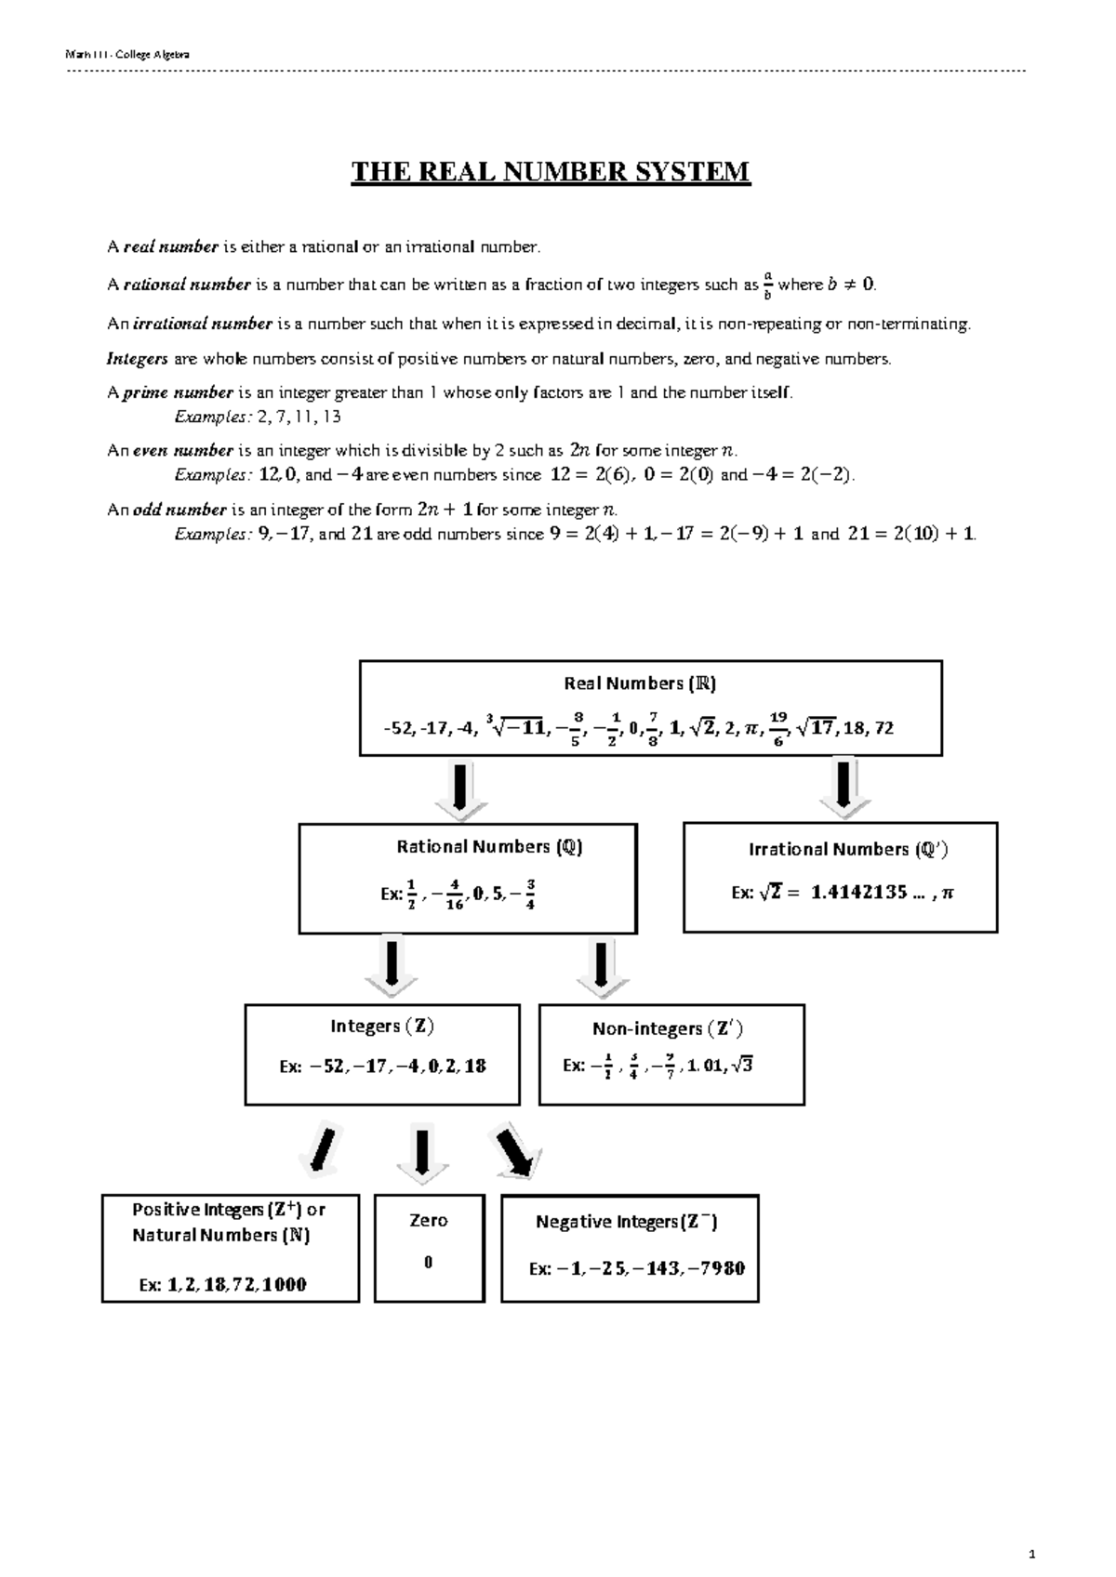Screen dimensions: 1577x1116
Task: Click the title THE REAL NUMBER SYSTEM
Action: pos(550,172)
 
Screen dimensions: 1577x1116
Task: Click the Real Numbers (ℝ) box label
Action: pos(640,683)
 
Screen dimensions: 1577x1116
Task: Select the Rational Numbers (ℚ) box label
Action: pos(489,847)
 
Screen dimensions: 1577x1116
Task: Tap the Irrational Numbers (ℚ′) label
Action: pos(848,849)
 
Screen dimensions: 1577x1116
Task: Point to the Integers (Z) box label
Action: pos(382,1027)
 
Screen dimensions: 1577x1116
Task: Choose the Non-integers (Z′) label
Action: pos(667,1028)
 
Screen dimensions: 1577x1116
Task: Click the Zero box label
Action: pos(429,1221)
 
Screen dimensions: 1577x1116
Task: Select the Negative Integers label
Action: pos(626,1222)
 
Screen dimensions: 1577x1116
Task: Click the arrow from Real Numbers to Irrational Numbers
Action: pos(844,789)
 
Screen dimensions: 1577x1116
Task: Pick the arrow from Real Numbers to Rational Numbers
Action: pos(460,791)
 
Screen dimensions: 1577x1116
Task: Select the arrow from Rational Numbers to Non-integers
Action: pos(602,969)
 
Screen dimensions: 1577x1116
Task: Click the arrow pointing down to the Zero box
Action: pos(423,1156)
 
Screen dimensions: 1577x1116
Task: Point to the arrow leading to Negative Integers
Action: pos(514,1153)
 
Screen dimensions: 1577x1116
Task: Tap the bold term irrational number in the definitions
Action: pos(203,324)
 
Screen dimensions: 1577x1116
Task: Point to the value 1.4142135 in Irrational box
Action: pos(858,893)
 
